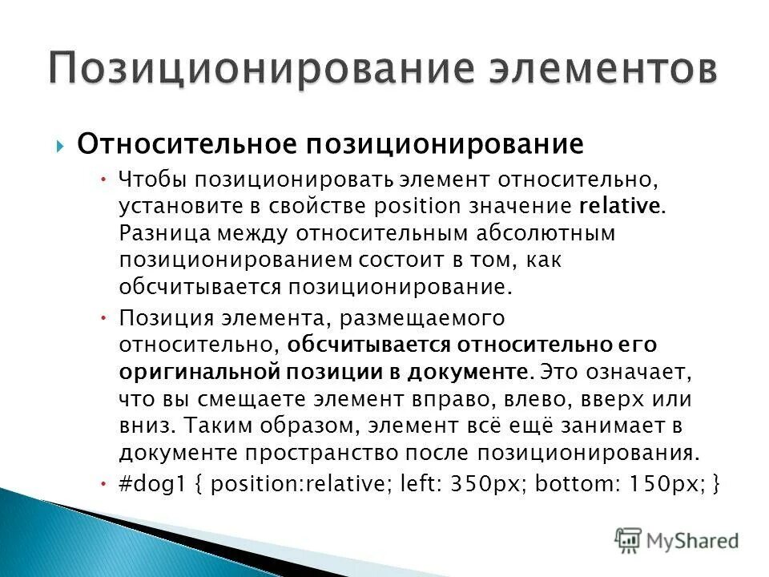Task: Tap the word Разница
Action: coord(164,233)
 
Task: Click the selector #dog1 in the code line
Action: coord(155,486)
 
